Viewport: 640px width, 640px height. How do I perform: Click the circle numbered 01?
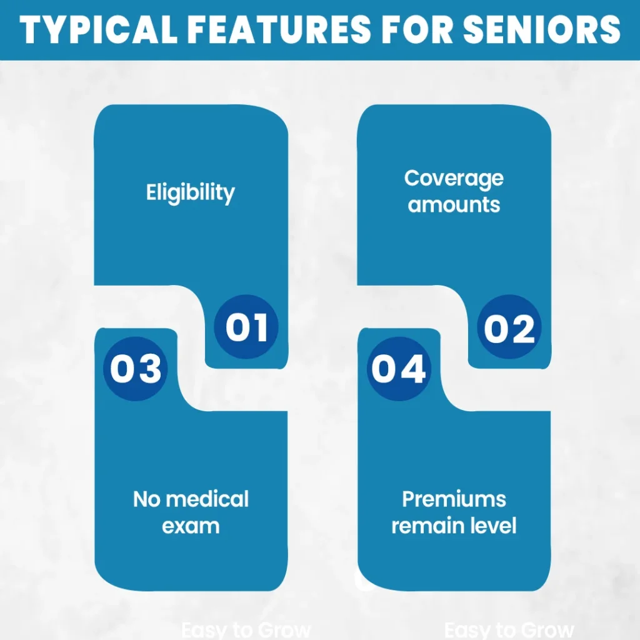246,327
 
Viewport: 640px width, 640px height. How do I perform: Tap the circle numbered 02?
509,327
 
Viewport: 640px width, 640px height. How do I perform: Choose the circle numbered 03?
136,368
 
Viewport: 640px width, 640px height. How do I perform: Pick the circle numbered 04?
399,368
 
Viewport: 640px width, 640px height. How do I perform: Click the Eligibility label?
191,192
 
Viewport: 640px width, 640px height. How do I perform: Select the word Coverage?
454,178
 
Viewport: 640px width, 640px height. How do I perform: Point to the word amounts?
454,204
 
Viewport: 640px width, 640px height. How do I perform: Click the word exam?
191,526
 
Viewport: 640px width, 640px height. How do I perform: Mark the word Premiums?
454,499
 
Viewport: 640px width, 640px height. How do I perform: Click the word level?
495,526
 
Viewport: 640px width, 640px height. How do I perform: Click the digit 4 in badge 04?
413,368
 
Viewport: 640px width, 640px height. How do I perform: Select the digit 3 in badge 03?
150,368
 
